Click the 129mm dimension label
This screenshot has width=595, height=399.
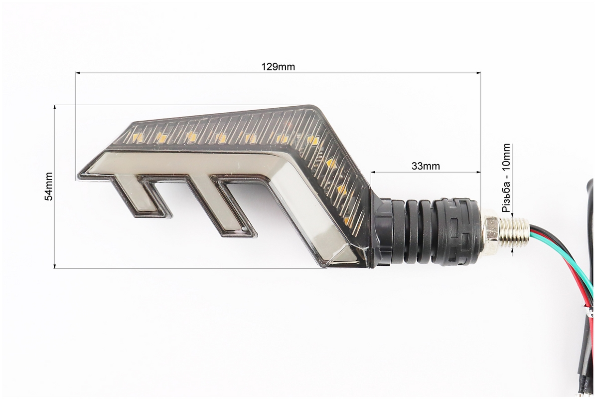coord(278,67)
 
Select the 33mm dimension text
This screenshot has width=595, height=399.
coord(426,166)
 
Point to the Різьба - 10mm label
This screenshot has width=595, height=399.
coord(506,178)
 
